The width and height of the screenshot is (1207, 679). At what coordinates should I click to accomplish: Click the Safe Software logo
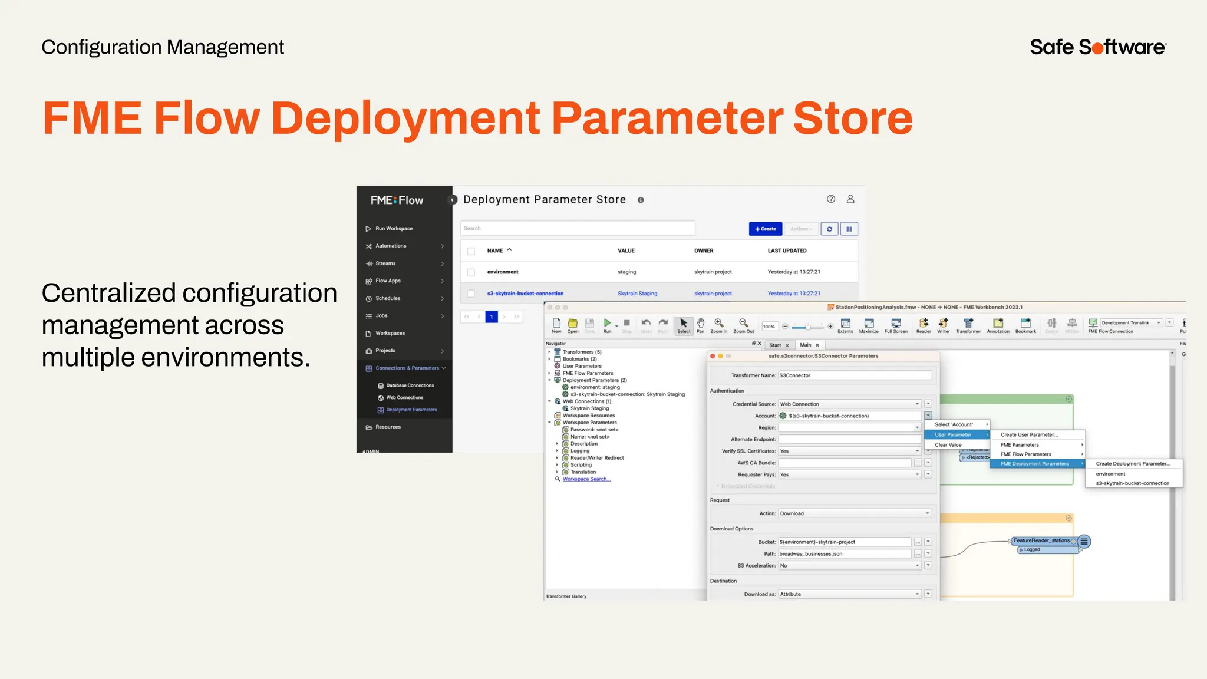1097,47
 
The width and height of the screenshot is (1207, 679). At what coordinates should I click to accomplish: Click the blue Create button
765,229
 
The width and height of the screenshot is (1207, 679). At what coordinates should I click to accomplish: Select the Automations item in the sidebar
391,246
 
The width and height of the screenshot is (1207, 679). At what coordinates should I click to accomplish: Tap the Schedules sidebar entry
388,298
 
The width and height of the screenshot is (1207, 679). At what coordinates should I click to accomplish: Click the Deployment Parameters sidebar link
411,410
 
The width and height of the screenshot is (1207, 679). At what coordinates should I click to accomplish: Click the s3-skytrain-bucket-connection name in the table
525,294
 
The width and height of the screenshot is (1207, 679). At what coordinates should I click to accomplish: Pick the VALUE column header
626,250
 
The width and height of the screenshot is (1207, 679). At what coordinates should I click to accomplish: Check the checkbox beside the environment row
471,272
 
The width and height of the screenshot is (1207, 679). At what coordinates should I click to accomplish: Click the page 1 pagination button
492,317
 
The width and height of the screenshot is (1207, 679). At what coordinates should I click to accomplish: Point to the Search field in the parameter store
577,228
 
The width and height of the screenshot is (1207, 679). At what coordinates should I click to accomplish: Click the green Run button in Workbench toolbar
607,323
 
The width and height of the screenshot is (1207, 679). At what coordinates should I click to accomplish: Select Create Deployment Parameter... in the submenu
1133,464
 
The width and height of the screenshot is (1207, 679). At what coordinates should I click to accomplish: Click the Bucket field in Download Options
845,542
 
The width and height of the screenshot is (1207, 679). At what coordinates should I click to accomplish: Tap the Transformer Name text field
855,375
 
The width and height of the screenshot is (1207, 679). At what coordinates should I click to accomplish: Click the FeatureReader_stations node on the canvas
1041,540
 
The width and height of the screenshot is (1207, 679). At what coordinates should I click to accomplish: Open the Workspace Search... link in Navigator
586,479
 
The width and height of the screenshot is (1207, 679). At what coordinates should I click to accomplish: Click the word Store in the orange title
853,118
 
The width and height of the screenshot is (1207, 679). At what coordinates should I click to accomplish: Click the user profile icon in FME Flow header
850,199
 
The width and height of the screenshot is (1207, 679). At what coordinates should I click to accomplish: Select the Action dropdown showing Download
855,513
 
